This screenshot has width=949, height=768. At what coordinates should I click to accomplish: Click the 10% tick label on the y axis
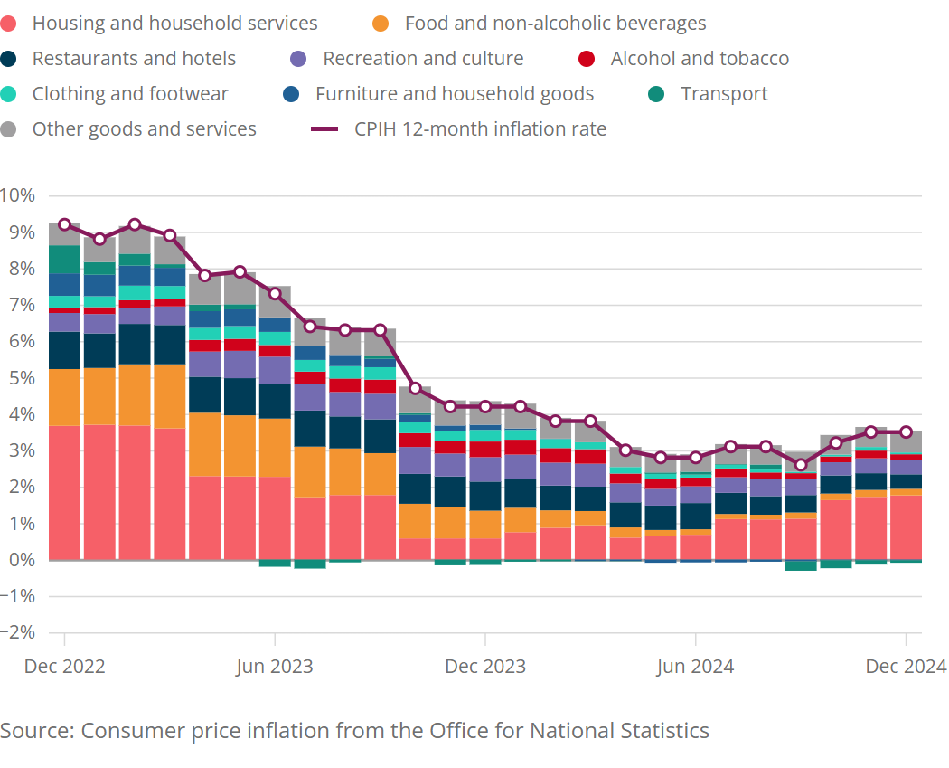(17, 195)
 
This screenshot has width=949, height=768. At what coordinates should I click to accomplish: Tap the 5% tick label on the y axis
(21, 377)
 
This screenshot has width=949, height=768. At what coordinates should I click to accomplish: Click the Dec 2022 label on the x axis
(65, 667)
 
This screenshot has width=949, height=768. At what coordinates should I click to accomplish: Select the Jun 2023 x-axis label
(275, 667)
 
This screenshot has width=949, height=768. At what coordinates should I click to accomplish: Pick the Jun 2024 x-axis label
(695, 667)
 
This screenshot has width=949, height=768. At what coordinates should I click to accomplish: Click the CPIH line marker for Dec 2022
(64, 224)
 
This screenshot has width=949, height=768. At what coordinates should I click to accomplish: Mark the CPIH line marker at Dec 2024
(906, 432)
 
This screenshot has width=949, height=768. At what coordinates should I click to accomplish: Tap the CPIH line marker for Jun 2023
(275, 293)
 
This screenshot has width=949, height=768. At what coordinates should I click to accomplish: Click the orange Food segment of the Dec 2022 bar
(64, 397)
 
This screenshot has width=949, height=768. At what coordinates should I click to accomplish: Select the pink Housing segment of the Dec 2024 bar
(906, 527)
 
